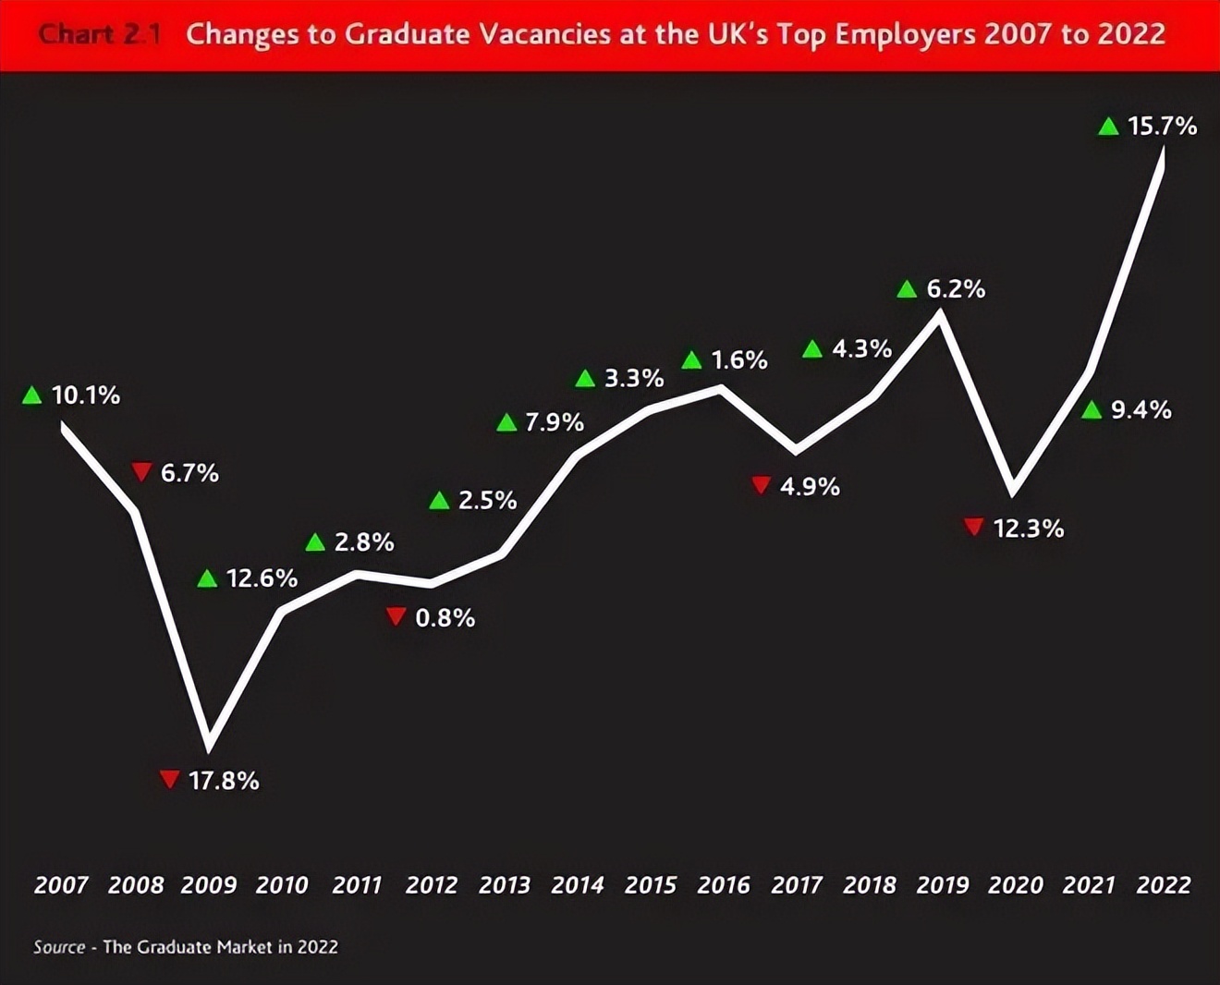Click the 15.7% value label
coord(1162,126)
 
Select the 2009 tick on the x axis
coord(209,885)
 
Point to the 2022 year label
coord(1163,885)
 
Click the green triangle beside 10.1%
coord(32,395)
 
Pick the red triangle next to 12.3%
coord(973,527)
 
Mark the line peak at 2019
coord(940,314)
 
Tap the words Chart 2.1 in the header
coord(100,35)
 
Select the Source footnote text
coord(186,947)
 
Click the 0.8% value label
coord(445,617)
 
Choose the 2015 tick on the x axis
coord(651,885)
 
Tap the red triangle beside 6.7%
coord(141,472)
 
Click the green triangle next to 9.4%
coord(1092,409)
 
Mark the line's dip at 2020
coord(1014,488)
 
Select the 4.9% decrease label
coord(810,486)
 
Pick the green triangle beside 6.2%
coord(907,289)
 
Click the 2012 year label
coord(432,885)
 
